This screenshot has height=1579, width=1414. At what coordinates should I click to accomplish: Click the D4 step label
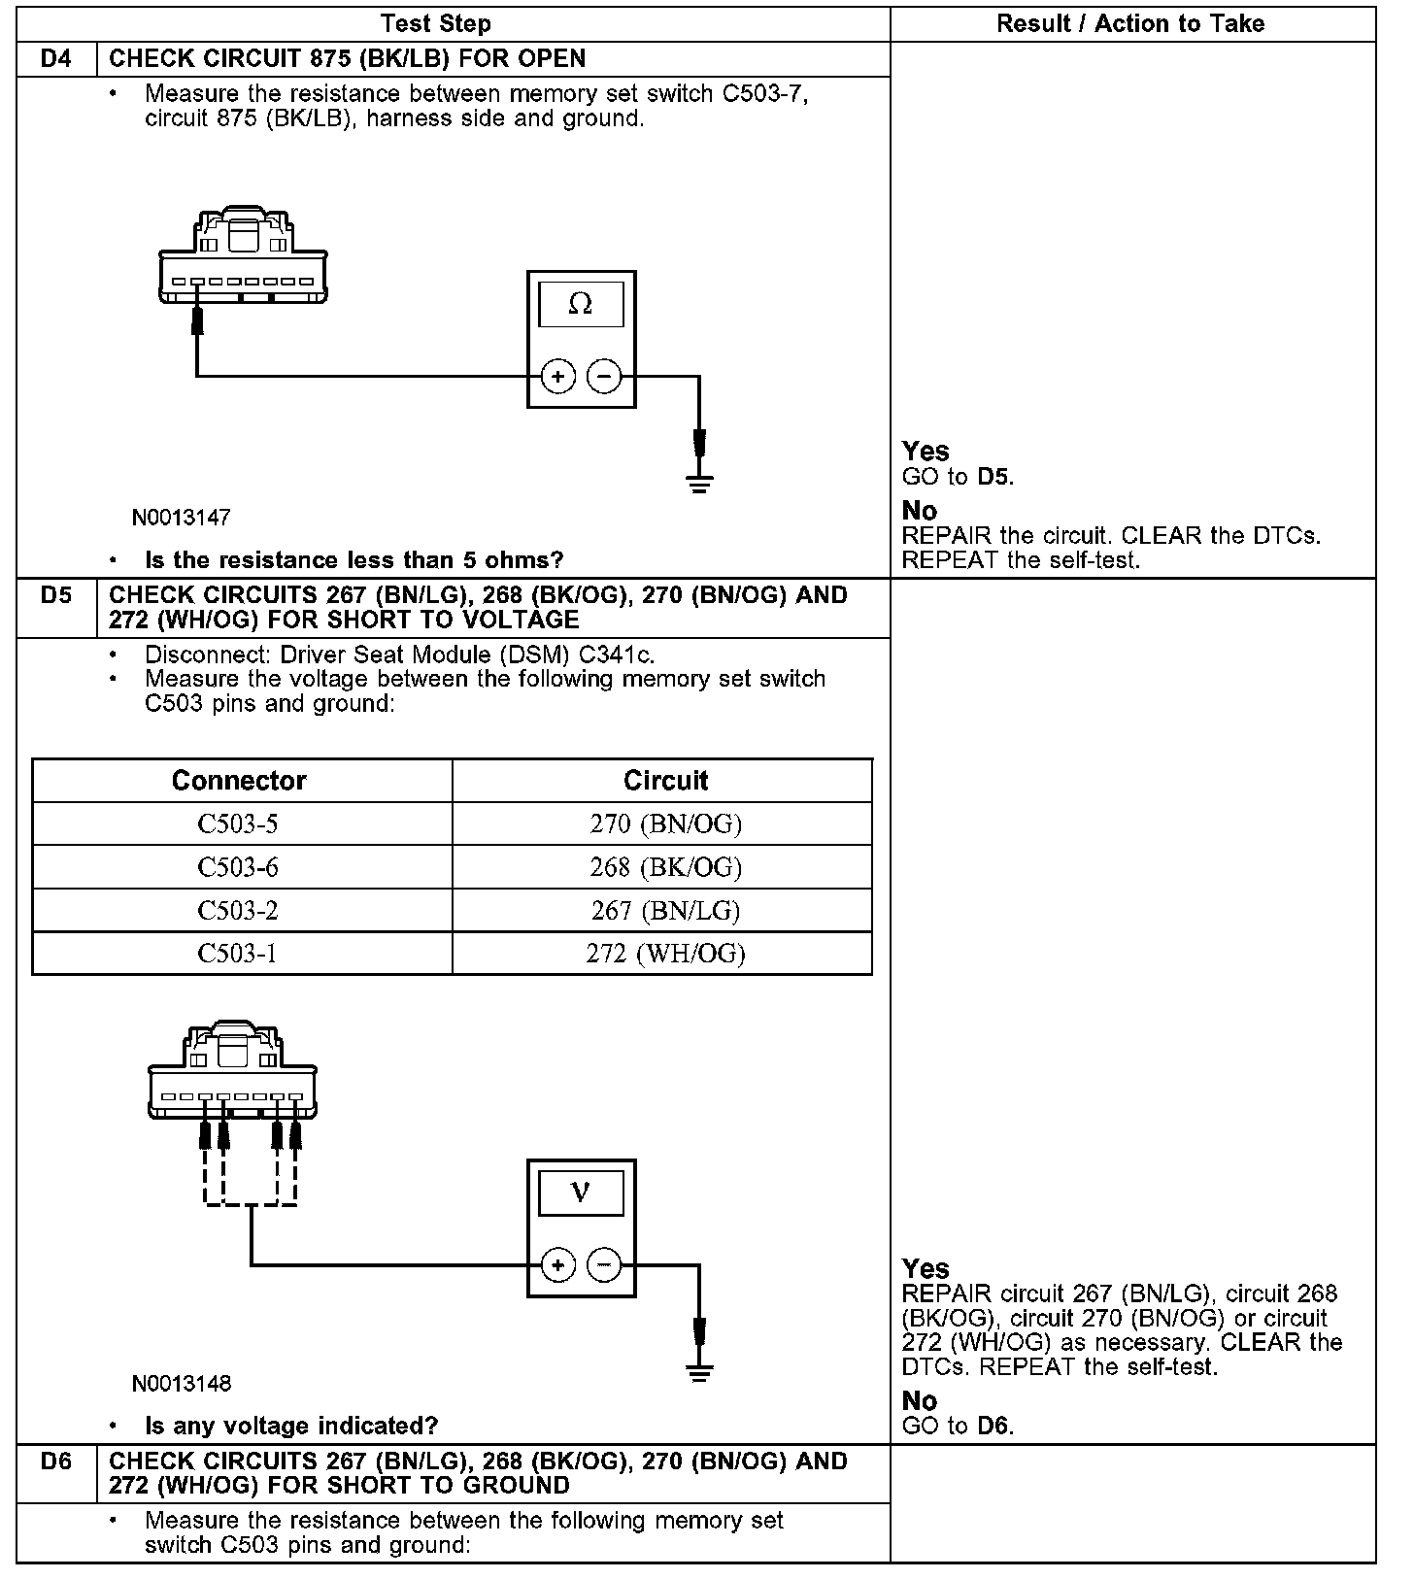[56, 59]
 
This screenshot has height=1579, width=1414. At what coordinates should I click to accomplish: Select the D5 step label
[56, 595]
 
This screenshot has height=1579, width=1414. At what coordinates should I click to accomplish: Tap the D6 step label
[56, 1461]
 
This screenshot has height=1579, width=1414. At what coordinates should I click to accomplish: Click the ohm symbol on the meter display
[580, 305]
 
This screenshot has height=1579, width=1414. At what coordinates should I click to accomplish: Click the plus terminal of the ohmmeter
[557, 376]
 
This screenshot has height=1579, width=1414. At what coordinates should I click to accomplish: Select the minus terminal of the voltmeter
[604, 1264]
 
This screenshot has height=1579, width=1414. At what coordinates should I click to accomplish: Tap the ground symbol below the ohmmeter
[698, 482]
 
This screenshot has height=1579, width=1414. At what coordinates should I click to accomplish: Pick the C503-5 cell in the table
[238, 824]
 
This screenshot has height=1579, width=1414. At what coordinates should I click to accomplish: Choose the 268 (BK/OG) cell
[665, 867]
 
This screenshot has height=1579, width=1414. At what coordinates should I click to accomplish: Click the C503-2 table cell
[238, 911]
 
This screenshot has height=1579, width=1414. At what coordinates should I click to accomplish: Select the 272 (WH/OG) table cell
[665, 954]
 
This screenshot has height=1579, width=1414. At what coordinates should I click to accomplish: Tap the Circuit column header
[665, 781]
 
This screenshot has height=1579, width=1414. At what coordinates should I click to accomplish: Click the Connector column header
[239, 781]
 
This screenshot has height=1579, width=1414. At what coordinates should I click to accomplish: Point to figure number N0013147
[182, 518]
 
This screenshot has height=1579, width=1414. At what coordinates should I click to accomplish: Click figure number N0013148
[182, 1384]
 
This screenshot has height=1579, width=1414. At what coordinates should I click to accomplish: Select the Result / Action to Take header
[1130, 24]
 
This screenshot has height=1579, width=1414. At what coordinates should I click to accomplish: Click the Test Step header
[436, 24]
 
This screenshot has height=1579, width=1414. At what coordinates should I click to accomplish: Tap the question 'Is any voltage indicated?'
[291, 1426]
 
